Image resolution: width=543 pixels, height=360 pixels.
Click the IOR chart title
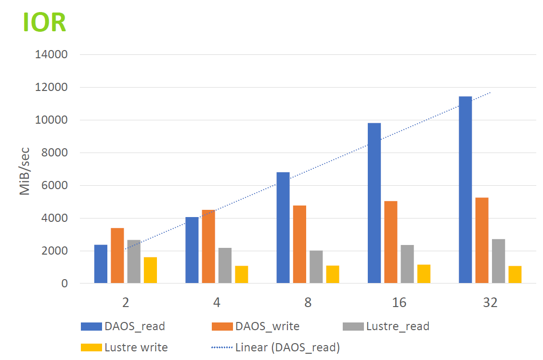click(44, 22)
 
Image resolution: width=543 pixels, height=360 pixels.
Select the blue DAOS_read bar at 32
click(465, 190)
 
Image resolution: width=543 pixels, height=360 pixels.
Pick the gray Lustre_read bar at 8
click(316, 267)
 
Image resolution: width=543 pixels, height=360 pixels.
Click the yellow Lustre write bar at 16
click(424, 274)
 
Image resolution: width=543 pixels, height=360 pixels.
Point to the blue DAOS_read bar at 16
click(374, 203)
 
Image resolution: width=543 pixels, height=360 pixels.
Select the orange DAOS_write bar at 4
click(208, 246)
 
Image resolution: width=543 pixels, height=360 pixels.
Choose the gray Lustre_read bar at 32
click(498, 261)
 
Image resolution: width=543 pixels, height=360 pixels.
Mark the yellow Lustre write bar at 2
click(150, 270)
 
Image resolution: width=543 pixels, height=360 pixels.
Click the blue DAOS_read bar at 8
click(283, 228)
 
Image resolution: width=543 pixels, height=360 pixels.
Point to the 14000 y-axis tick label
click(51, 54)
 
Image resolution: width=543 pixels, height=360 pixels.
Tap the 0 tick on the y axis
click(64, 283)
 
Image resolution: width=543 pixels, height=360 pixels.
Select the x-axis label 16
click(399, 303)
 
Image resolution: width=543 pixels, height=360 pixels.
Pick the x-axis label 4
click(217, 303)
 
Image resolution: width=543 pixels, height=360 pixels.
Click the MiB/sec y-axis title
click(25, 171)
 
